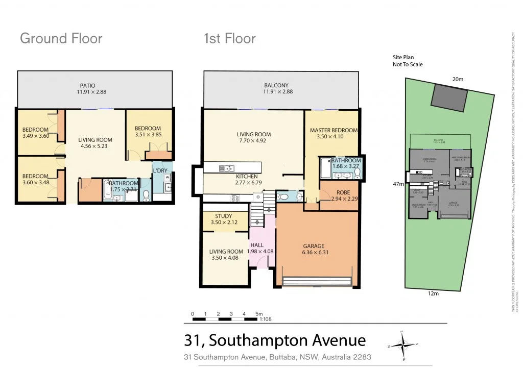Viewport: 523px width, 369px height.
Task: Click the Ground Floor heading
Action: point(61,39)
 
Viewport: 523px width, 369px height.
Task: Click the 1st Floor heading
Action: point(229,39)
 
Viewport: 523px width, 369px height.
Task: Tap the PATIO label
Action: point(87,86)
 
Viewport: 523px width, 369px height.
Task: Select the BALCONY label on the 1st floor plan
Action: point(276,86)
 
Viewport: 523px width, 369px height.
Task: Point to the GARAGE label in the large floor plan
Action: point(314,246)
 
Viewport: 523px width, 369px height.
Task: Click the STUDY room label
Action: point(223,216)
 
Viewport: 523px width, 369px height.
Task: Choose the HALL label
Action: point(257,245)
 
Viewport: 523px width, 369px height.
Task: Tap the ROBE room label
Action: point(339,193)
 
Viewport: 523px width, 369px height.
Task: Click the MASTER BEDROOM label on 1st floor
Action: point(334,131)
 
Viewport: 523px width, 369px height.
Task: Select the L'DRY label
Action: point(159,170)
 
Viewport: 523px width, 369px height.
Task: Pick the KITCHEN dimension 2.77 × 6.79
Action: point(233,182)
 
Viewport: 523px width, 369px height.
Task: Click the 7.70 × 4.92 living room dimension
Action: point(254,141)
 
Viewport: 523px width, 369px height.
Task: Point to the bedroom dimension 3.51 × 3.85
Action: point(148,135)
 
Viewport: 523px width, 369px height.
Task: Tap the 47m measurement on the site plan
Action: point(398,184)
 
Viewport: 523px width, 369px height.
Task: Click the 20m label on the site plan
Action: point(458,79)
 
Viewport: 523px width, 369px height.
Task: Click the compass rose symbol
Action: point(403,346)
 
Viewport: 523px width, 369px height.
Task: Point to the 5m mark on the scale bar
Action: point(258,314)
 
